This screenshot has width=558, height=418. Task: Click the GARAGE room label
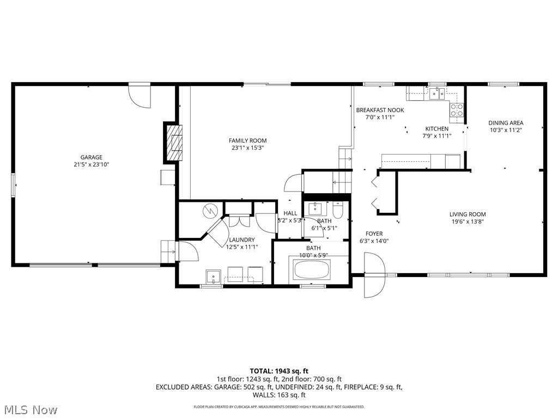tap(92, 157)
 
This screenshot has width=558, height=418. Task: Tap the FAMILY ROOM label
tap(247, 140)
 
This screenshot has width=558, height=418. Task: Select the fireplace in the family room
tap(174, 143)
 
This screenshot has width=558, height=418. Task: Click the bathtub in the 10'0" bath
tap(312, 269)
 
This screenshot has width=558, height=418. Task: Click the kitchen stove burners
tap(456, 110)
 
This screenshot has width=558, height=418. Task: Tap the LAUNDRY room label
tap(241, 239)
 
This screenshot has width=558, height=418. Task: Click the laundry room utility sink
tap(212, 276)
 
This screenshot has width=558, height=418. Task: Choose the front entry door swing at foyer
tap(375, 278)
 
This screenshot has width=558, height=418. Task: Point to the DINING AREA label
tap(505, 123)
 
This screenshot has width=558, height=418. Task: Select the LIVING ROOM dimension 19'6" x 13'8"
tap(467, 222)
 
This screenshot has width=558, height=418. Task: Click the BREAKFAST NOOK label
tap(380, 110)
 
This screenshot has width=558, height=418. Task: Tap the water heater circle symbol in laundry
tap(210, 210)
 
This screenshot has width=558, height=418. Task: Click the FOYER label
tap(374, 233)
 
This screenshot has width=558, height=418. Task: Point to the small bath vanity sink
tap(315, 208)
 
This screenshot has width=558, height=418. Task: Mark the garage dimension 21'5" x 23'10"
tap(92, 164)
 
